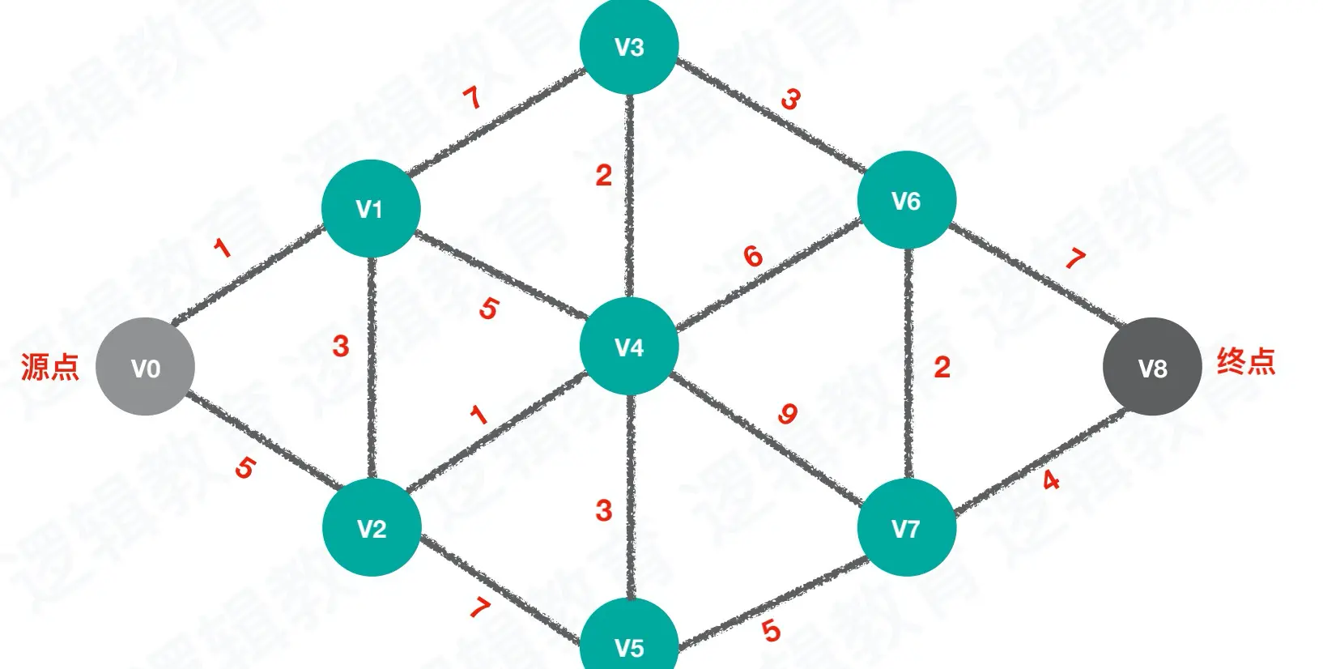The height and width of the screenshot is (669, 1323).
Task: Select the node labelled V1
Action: coord(371,208)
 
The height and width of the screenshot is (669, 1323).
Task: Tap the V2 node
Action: coord(372,528)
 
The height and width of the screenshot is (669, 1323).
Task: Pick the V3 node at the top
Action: coord(629,46)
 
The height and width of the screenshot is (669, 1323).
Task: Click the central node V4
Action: coord(629,347)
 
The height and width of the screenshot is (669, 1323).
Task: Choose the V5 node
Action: coord(629,644)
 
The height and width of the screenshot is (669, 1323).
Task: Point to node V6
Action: coord(906,200)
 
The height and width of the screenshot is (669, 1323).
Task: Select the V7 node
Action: coord(906,528)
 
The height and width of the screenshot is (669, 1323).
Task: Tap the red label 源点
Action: coord(50,366)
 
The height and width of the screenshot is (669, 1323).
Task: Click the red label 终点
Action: coord(1246,360)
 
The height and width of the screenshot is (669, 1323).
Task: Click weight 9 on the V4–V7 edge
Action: coord(787,414)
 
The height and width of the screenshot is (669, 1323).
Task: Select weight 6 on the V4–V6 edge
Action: coord(753,256)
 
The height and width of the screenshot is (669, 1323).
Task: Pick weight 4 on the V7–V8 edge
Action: coord(1051,480)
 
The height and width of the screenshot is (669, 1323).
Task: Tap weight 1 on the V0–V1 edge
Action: coord(222,247)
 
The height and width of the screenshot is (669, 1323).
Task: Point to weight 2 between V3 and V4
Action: coord(603,175)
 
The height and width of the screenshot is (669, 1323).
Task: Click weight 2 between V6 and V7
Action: coord(941,367)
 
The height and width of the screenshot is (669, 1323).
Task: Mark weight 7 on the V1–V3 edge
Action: coord(472,98)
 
